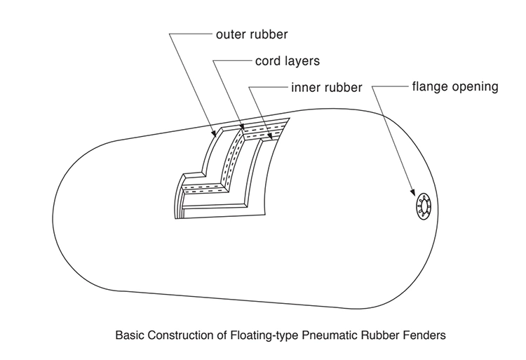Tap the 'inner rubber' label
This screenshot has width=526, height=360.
(x=326, y=88)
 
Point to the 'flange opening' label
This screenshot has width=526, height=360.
(x=454, y=87)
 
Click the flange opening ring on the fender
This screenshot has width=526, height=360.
(x=424, y=208)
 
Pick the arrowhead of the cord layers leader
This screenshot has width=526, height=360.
(x=243, y=128)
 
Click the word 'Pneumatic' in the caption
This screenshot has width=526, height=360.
(x=334, y=335)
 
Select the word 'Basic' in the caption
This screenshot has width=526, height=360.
(x=128, y=335)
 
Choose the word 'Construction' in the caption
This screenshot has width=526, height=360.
(x=183, y=335)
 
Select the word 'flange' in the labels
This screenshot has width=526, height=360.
(x=430, y=87)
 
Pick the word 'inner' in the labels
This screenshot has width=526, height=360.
(x=305, y=88)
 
